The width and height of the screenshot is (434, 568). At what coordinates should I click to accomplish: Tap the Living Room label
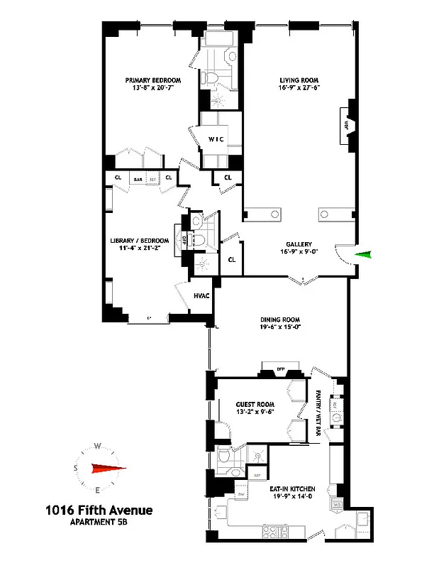(x=296, y=80)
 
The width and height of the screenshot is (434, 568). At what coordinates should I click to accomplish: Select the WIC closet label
(x=216, y=139)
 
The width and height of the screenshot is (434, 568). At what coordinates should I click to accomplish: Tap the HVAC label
(x=202, y=295)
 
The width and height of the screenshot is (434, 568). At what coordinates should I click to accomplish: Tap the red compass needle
(x=106, y=468)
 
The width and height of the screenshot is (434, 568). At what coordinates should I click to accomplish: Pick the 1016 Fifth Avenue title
(x=99, y=510)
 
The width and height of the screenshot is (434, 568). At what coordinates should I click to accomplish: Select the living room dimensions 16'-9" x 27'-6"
(x=296, y=89)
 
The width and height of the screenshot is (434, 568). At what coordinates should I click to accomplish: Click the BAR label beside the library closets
(x=138, y=180)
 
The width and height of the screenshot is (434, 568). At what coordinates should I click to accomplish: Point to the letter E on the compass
(x=97, y=490)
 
